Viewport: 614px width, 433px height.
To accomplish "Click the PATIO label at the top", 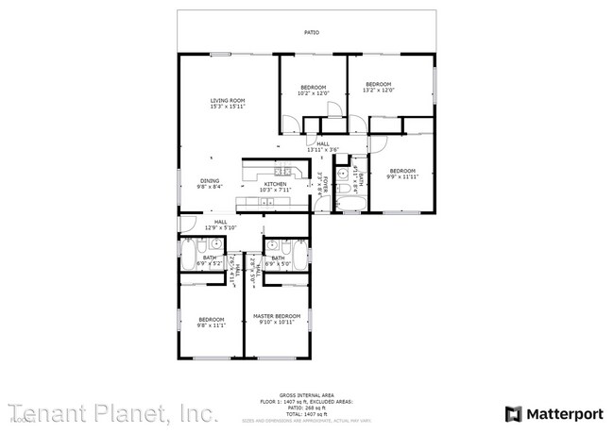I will (311, 33).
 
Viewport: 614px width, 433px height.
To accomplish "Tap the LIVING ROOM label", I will (228, 101).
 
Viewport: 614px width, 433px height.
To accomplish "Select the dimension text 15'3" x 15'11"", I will (228, 107).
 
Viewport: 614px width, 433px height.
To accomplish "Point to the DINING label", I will (209, 180).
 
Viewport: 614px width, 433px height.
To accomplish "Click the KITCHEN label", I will (276, 184).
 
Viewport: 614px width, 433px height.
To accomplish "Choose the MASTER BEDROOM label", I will (277, 315).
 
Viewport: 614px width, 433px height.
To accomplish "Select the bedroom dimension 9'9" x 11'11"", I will (402, 176).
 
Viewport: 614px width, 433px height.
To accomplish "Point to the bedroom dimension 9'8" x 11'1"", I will (211, 325).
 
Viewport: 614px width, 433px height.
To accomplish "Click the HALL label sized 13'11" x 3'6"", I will (323, 143).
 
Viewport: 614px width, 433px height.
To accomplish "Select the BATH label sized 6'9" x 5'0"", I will (278, 258).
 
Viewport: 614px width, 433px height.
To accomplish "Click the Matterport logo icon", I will (513, 412).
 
